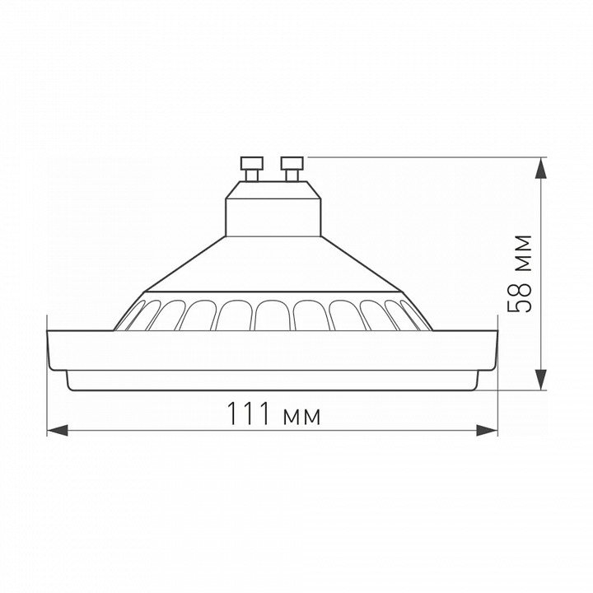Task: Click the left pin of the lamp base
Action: pos(252,169)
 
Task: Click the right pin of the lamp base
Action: pos(292,169)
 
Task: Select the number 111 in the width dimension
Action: pos(249,413)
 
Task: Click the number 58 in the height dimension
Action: pos(519,297)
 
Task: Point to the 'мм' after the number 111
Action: pos(301,417)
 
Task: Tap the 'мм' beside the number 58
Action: pos(524,254)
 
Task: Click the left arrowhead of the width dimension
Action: pos(57,431)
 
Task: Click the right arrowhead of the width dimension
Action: pos(487,431)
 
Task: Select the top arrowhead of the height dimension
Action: pos(542,167)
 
